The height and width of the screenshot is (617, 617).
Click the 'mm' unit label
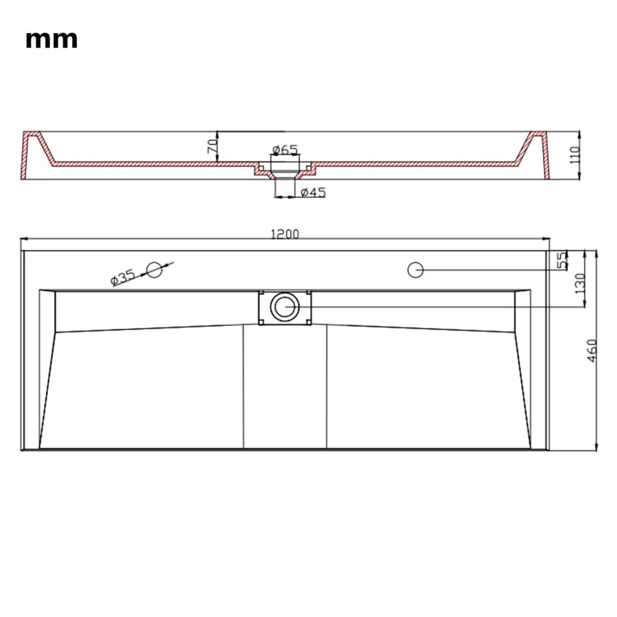click(51, 40)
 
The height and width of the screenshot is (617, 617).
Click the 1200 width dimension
click(284, 234)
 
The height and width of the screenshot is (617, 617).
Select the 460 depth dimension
click(592, 349)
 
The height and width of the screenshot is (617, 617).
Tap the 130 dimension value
click(580, 283)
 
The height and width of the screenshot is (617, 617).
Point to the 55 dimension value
click(562, 260)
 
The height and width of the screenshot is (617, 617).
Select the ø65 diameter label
click(284, 149)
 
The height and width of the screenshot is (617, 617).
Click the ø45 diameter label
click(313, 192)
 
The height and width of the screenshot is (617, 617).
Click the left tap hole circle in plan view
click(155, 269)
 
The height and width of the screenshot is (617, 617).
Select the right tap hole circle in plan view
click(415, 269)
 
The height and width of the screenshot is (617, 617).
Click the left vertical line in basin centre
click(243, 386)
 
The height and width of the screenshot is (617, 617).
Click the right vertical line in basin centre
click(327, 386)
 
